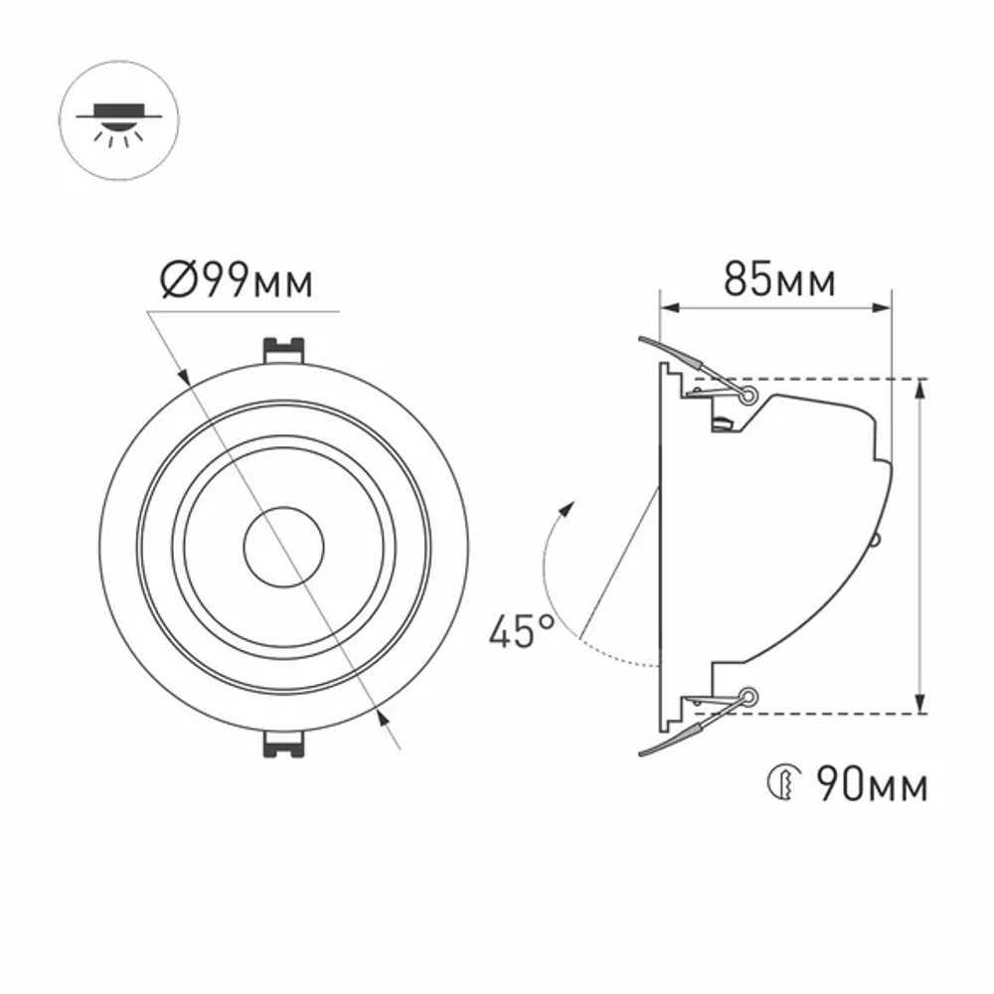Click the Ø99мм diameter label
click(237, 282)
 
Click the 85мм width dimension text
click(778, 280)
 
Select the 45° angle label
click(521, 632)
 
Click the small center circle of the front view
click(284, 548)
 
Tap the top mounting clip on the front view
click(282, 350)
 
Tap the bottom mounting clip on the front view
click(282, 745)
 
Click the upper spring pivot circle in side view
click(746, 396)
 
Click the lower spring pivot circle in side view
click(747, 697)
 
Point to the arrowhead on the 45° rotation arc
click(569, 508)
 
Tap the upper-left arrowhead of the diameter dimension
click(185, 377)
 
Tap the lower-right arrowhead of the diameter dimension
click(381, 714)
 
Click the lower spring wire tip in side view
click(643, 755)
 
